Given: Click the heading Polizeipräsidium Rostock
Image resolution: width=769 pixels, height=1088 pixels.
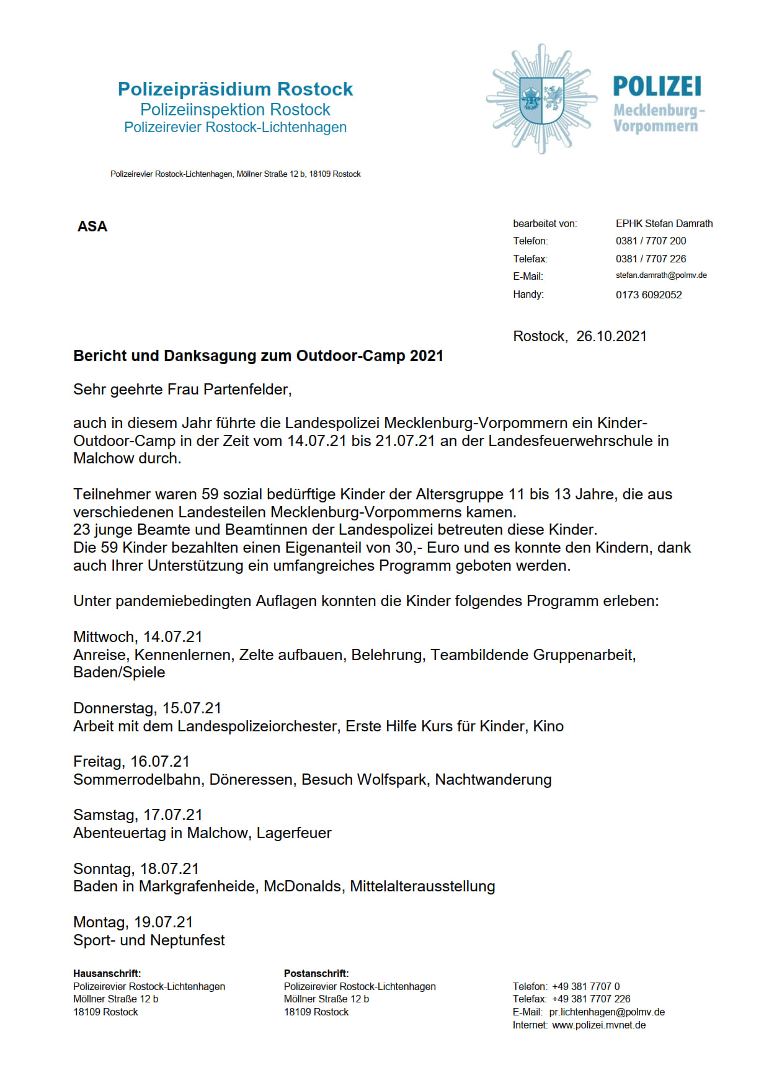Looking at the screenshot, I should [x=235, y=89].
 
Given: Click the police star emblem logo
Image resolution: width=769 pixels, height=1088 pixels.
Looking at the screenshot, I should [x=541, y=99].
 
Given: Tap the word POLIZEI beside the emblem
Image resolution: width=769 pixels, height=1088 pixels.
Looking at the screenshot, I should [x=657, y=87].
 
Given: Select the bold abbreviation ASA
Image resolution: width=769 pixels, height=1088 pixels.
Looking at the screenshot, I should [x=92, y=226].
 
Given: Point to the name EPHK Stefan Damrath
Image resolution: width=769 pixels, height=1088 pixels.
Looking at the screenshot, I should [x=664, y=223].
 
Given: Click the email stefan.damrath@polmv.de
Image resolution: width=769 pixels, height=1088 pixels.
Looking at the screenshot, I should [x=661, y=275].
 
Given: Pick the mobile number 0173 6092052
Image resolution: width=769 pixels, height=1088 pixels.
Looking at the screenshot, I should [x=649, y=295].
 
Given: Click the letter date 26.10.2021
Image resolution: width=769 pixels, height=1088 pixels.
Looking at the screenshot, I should [x=611, y=336].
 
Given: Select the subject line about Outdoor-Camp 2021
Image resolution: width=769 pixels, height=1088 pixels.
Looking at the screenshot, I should [x=258, y=356].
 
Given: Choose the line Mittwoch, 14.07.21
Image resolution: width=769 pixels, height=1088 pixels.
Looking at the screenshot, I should [x=138, y=637].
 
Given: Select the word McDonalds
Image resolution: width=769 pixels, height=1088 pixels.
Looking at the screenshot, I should [x=303, y=886].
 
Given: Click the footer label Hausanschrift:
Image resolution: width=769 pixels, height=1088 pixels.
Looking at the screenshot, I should [x=107, y=974].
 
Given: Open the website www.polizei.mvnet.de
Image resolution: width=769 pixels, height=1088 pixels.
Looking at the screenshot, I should [x=598, y=1025].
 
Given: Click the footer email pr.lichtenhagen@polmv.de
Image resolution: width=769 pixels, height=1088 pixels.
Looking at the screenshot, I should [x=607, y=1012].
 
